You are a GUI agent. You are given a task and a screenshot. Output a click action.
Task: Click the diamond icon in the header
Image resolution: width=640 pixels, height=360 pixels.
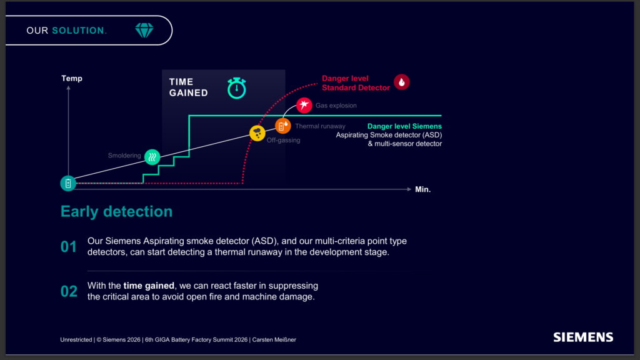point(144,30)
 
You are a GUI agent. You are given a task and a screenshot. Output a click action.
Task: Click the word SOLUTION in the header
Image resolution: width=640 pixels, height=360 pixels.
point(78,31)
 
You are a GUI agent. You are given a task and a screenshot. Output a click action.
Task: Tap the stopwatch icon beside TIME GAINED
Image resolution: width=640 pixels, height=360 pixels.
point(237,87)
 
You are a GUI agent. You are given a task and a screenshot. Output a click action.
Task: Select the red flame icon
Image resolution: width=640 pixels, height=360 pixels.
point(402,82)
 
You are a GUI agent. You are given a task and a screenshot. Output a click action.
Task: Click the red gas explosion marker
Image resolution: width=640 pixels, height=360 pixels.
point(304,105)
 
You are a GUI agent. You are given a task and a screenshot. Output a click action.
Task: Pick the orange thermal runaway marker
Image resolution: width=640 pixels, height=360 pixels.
point(282,126)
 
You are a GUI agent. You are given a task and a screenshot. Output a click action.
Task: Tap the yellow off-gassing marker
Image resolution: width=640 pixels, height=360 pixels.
point(257,133)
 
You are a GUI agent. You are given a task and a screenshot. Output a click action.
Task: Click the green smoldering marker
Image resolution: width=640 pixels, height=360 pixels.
point(152,157)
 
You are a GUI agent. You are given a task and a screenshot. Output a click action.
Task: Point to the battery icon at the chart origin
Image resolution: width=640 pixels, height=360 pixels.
point(68,183)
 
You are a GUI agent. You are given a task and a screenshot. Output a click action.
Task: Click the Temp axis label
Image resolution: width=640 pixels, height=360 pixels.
point(72,78)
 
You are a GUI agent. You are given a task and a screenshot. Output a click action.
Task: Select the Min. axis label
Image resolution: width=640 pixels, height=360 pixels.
point(423,189)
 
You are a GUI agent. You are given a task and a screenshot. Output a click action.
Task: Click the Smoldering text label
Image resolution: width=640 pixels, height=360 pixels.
point(124,156)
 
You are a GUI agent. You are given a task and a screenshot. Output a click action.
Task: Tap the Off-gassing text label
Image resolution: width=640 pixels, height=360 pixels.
point(283,141)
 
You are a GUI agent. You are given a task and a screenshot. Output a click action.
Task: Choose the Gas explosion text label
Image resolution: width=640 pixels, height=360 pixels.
point(336,105)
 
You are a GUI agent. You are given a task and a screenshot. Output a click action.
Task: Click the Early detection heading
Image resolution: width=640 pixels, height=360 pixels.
point(116,211)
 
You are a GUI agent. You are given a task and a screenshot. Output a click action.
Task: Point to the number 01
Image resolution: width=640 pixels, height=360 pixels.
point(69,247)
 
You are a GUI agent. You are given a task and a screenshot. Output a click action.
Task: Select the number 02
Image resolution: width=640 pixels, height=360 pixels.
point(69,291)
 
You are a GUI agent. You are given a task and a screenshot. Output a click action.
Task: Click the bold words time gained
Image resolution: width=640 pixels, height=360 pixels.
point(149,286)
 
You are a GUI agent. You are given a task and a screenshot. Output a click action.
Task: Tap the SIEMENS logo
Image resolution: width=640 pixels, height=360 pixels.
point(583,337)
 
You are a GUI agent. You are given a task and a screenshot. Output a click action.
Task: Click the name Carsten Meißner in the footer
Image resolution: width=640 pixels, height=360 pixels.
point(274,339)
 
